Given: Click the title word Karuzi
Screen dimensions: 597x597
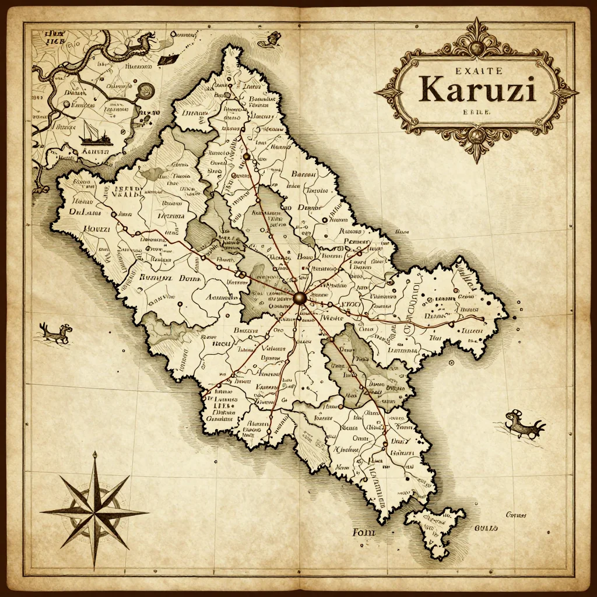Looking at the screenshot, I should [x=477, y=89].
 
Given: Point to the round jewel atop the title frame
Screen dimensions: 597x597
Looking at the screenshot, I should [x=477, y=46].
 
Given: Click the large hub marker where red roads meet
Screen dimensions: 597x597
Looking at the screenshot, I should [x=300, y=298].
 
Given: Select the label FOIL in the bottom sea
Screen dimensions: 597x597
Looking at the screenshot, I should [x=363, y=532].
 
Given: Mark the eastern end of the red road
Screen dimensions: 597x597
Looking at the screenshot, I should [x=482, y=318].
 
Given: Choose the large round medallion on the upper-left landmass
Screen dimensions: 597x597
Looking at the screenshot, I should [x=145, y=90].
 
